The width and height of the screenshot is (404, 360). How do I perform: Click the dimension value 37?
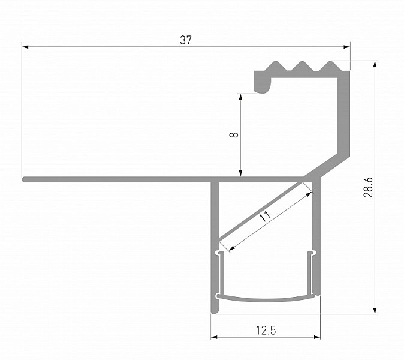[186, 40]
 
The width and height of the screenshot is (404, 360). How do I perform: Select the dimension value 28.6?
[368, 187]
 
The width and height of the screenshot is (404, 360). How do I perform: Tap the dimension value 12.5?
[266, 331]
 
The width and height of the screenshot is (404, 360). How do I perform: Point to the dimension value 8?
[234, 134]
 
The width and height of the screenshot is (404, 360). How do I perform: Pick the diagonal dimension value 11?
[265, 216]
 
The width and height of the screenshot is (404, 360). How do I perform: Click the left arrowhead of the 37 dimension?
[25, 47]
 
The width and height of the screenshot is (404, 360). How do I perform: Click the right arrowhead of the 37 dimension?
[347, 47]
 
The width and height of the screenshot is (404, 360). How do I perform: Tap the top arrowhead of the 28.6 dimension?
[375, 64]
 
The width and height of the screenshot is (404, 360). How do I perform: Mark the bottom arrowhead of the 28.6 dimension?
[375, 310]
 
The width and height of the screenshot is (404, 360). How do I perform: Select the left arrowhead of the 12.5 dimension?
[214, 337]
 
